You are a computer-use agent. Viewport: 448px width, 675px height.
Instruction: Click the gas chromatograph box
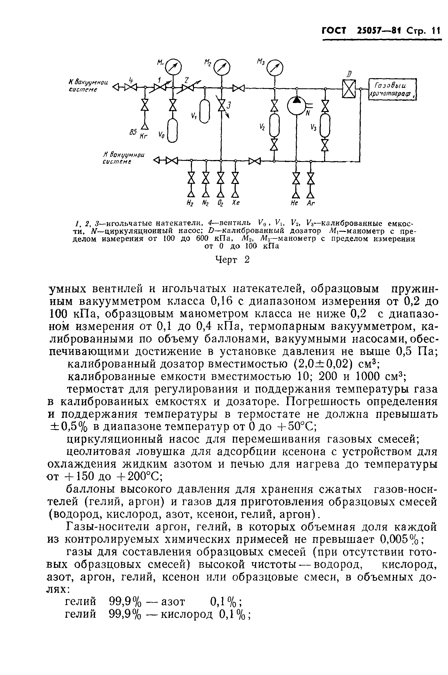point(392,89)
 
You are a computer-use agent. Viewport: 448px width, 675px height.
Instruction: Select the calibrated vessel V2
point(274,126)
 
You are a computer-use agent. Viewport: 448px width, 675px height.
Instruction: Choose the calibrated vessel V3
point(325,126)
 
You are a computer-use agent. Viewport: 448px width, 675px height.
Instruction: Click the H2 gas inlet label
point(190,203)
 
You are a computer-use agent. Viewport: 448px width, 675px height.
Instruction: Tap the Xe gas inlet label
point(235,203)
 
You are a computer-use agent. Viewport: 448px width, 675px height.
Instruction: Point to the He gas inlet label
point(295,203)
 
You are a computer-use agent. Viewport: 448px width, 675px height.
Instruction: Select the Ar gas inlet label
point(311,203)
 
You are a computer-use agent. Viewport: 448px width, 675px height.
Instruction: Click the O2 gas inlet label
point(220,203)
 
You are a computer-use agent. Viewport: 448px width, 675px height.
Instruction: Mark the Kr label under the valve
point(143,136)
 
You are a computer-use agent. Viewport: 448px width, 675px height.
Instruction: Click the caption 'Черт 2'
point(232,260)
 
